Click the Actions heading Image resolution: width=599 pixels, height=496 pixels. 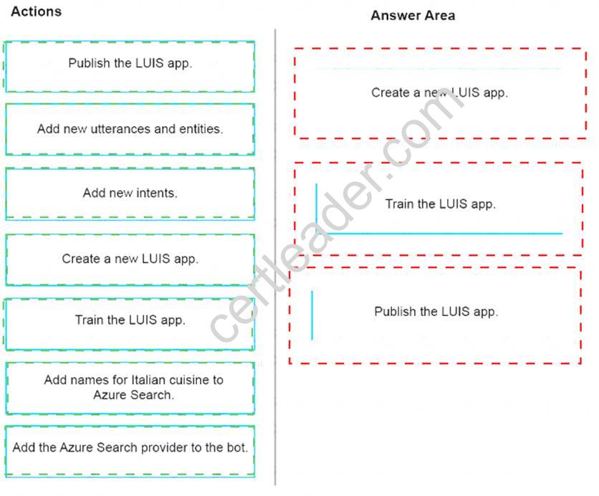[36, 11]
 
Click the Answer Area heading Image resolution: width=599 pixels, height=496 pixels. [412, 15]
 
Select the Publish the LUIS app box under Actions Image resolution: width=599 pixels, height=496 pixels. [130, 65]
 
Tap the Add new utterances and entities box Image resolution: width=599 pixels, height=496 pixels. [130, 129]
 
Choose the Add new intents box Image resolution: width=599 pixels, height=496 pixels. [130, 193]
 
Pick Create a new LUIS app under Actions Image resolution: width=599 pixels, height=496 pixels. [130, 259]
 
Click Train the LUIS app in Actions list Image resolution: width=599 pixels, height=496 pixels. [130, 320]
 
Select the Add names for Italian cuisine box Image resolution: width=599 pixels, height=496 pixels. [130, 387]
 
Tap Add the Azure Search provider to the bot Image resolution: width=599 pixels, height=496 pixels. [130, 448]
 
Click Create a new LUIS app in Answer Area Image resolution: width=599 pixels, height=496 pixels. [439, 92]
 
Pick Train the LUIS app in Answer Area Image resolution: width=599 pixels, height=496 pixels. [439, 204]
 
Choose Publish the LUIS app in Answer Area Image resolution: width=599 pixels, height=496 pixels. [436, 312]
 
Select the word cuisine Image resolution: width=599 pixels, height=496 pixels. [189, 380]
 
